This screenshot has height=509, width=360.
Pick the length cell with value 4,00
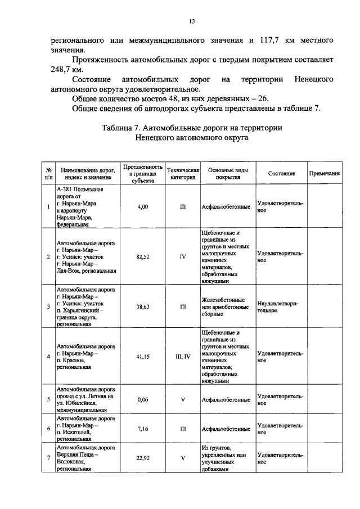click(x=142, y=207)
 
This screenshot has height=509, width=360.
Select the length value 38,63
click(x=142, y=307)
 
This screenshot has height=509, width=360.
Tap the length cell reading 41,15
click(x=142, y=356)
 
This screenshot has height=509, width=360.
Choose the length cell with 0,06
click(x=142, y=400)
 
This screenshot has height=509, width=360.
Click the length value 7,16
click(x=142, y=429)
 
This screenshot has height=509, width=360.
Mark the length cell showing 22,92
click(x=142, y=457)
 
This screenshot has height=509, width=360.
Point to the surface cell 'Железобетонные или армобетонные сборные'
click(x=226, y=307)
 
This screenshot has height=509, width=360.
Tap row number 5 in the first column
click(x=48, y=400)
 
